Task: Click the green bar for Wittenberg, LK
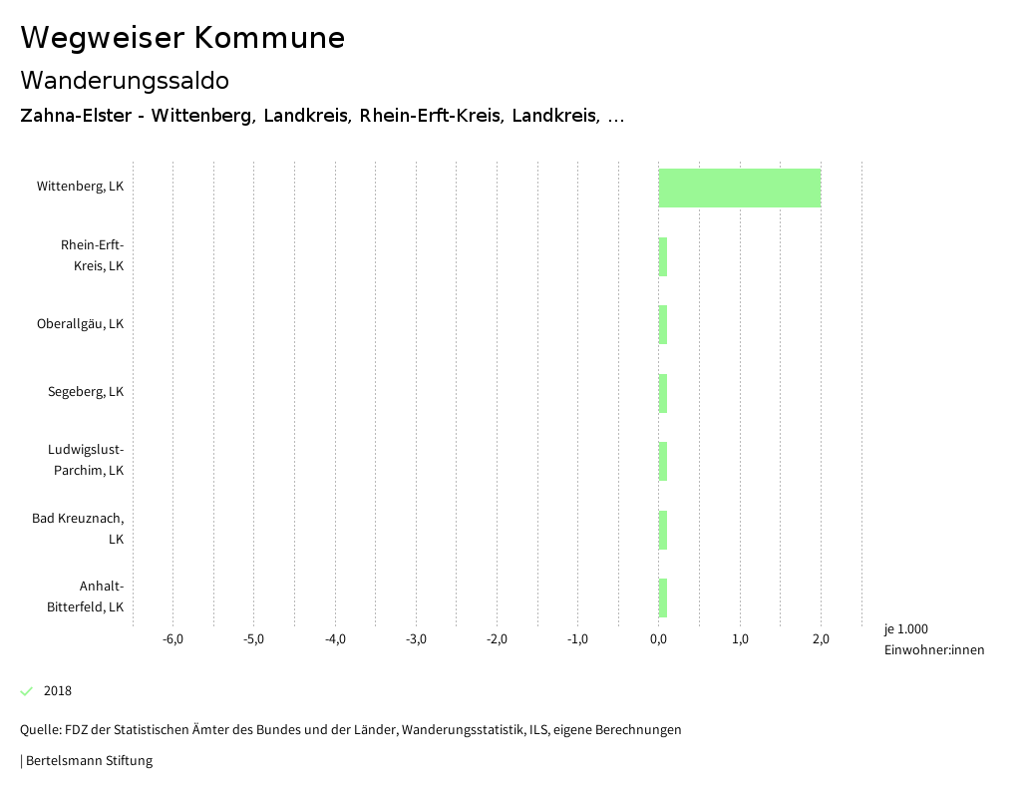740,189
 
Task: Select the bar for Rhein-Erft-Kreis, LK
663,256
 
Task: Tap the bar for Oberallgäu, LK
663,324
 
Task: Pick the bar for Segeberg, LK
663,393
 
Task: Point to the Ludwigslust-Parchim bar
663,461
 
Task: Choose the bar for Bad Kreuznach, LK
663,530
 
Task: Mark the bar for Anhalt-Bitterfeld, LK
663,597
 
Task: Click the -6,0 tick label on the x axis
172,639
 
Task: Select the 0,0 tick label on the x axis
659,639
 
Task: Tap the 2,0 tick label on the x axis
821,639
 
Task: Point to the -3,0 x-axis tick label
416,639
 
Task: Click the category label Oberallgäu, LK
80,324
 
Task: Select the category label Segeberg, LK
86,392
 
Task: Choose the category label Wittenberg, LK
80,187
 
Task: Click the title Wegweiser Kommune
182,38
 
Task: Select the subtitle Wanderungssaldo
125,80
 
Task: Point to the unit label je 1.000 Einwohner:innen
933,639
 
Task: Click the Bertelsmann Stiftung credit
89,761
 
